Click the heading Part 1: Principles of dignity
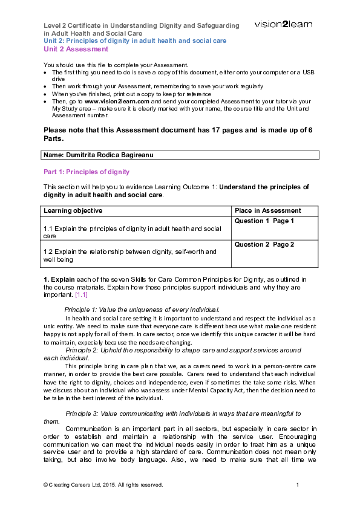click(87, 172)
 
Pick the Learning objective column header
click(73, 210)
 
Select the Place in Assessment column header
click(267, 210)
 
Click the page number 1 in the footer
click(298, 485)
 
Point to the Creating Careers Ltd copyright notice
click(103, 485)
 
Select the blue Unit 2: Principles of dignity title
click(135, 41)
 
